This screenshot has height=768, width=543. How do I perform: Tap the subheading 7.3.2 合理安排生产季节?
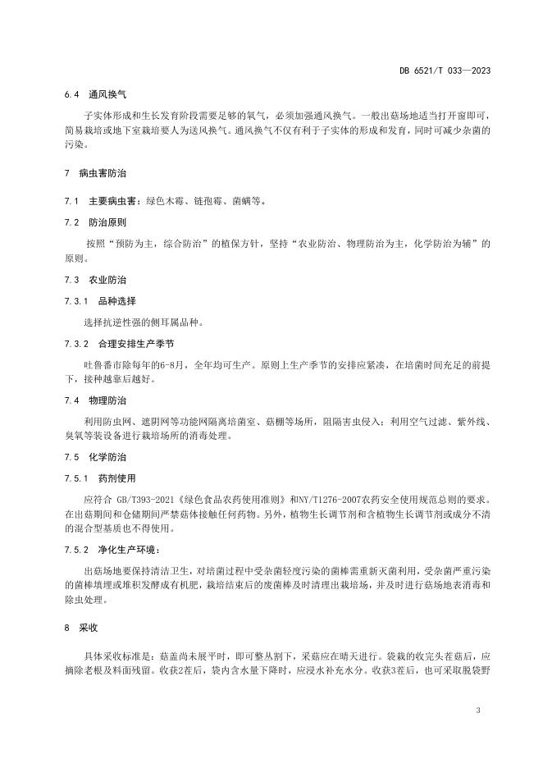tap(114, 344)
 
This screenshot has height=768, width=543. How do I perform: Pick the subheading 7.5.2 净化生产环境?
tap(106, 549)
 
